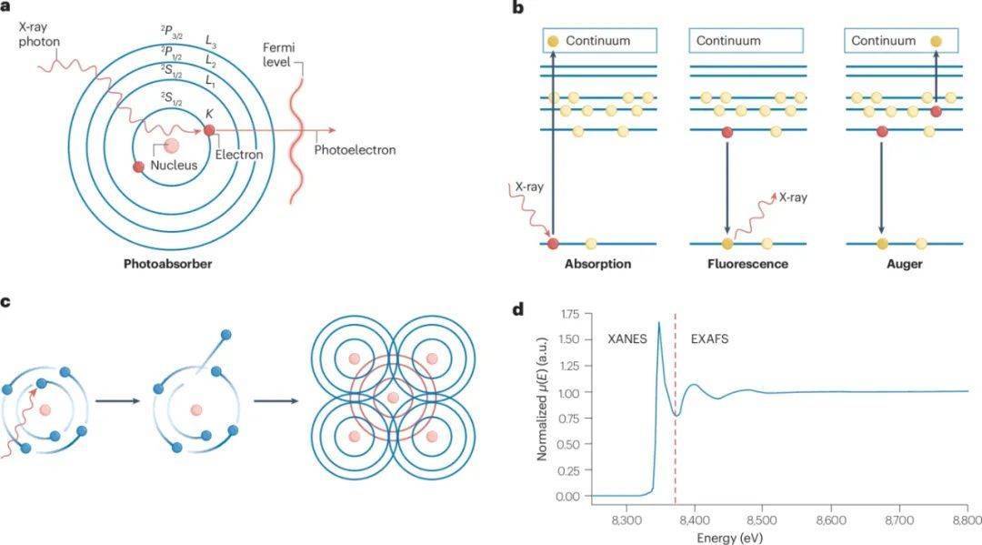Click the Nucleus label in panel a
pos(173,165)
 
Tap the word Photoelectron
pos(354,149)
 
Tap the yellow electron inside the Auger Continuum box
pos(937,41)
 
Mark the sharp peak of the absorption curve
pos(658,322)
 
